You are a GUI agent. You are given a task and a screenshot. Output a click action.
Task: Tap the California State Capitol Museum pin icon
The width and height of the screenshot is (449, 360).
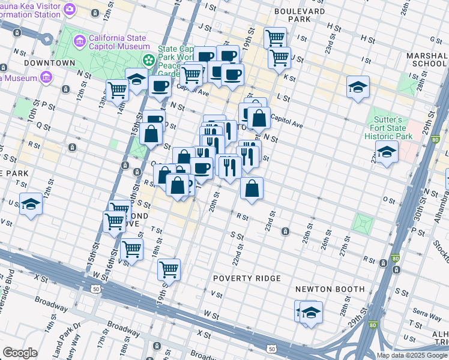79,41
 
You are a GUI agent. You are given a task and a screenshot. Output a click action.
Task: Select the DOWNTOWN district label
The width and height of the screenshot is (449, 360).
50,63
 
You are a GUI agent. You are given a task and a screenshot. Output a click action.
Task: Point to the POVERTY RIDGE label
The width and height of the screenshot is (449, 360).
247,278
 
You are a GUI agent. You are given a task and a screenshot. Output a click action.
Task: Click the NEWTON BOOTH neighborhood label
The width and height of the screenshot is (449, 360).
330,289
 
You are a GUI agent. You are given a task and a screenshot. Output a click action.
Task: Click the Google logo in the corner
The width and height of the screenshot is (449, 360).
20,353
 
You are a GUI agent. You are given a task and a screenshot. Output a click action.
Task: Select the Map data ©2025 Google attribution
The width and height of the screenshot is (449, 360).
412,355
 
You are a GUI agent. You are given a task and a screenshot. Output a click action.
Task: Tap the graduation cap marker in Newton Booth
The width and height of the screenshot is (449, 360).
311,312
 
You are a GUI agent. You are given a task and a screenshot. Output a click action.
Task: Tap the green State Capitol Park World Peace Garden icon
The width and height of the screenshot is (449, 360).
148,60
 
